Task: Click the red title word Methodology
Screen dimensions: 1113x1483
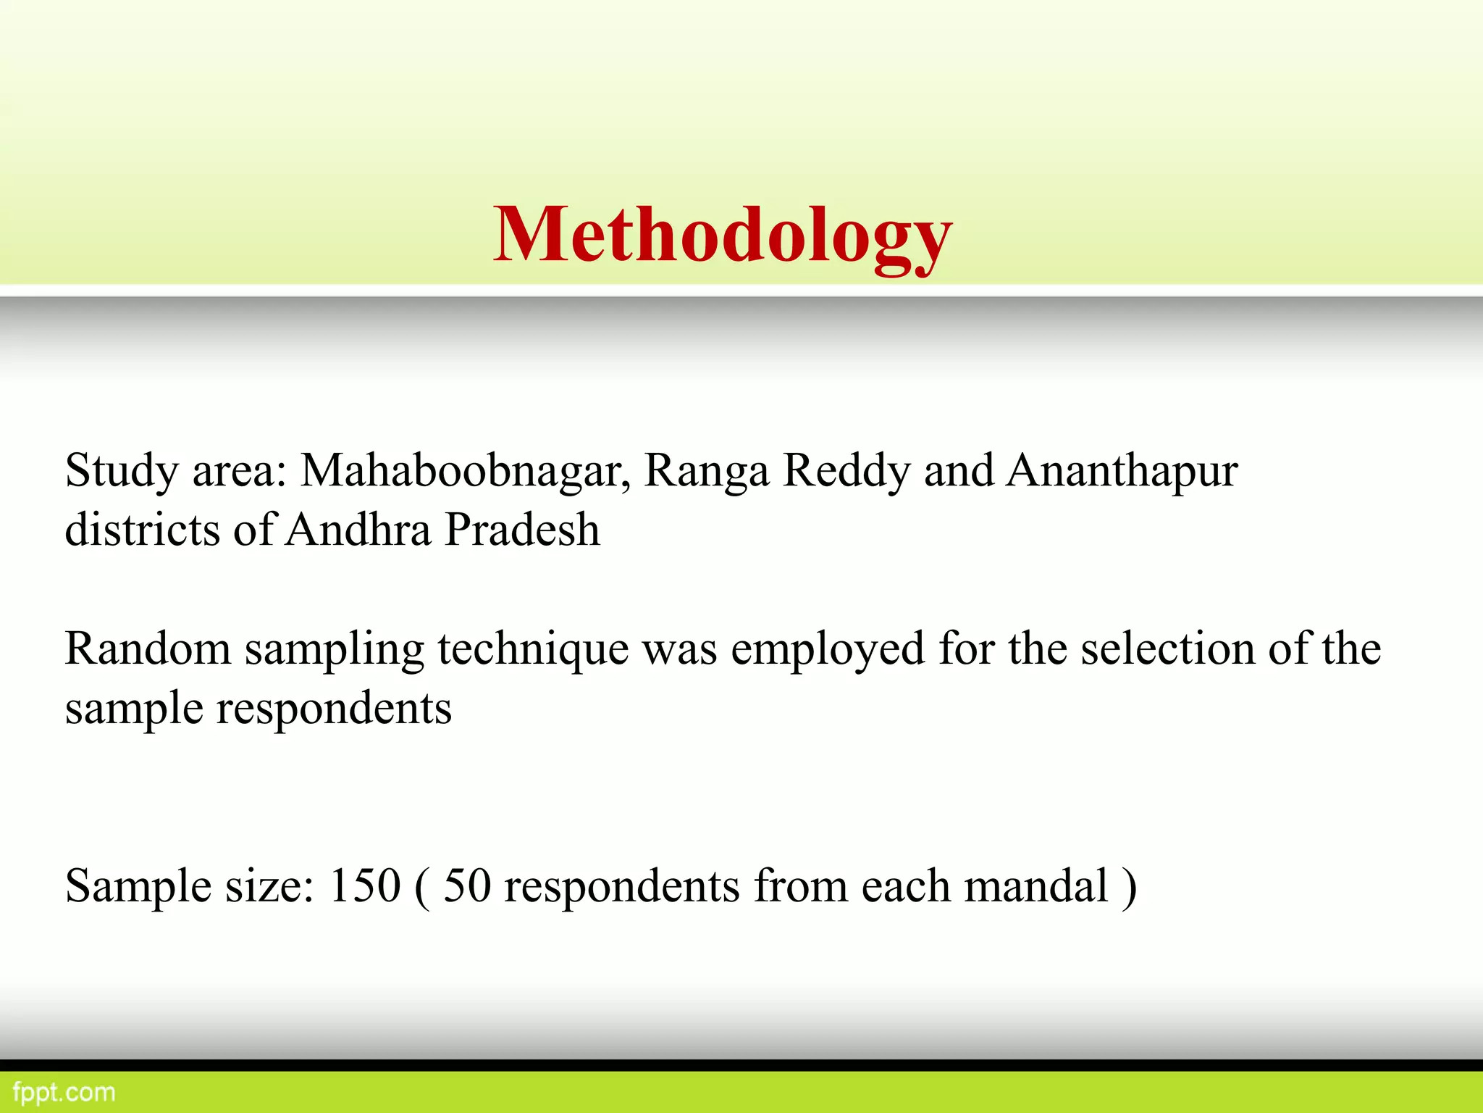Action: (723, 235)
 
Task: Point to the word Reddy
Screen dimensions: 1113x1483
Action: (846, 471)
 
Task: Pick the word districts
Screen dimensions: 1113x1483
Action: (142, 529)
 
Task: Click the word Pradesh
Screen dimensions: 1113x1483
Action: (522, 529)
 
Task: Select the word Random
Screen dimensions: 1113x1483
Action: (148, 648)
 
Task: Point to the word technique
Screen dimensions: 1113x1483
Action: (533, 649)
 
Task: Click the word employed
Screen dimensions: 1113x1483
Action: (827, 649)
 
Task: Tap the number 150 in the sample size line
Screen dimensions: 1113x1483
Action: (364, 885)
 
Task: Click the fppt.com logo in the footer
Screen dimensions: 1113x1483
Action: (64, 1092)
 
